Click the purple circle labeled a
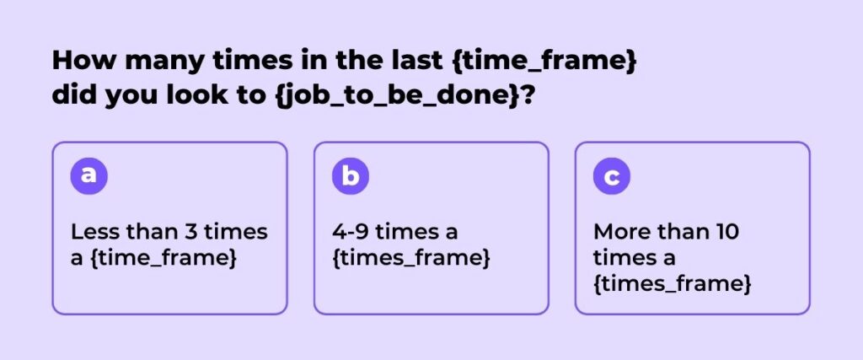pyautogui.click(x=88, y=175)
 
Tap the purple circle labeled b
pyautogui.click(x=350, y=175)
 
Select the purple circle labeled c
pyautogui.click(x=612, y=175)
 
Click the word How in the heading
pyautogui.click(x=84, y=60)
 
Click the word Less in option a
pyautogui.click(x=94, y=232)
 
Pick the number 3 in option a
pyautogui.click(x=190, y=232)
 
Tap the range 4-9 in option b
pyautogui.click(x=351, y=232)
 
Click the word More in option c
pyautogui.click(x=619, y=232)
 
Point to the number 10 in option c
pyautogui.click(x=728, y=232)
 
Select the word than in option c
pyautogui.click(x=681, y=232)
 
